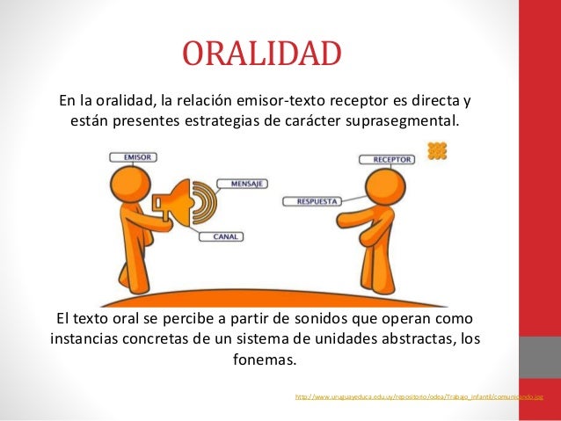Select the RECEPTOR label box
click(x=387, y=160)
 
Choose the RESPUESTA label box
click(x=311, y=201)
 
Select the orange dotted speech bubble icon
click(x=437, y=151)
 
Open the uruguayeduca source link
click(x=419, y=397)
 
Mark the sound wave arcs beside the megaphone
click(x=207, y=201)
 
